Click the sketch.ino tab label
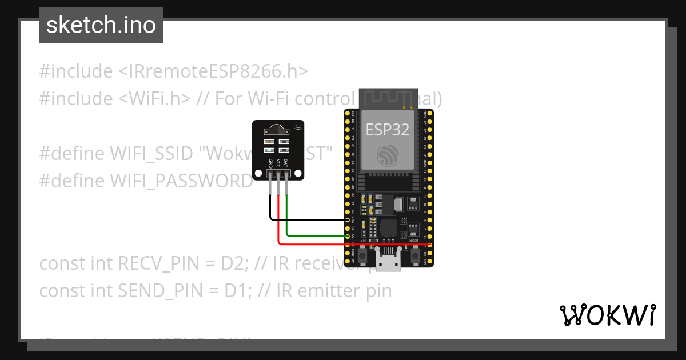(101, 25)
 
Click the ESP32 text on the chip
(388, 130)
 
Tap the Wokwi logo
(608, 315)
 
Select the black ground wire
(309, 219)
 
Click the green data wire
(317, 235)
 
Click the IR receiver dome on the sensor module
(278, 129)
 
